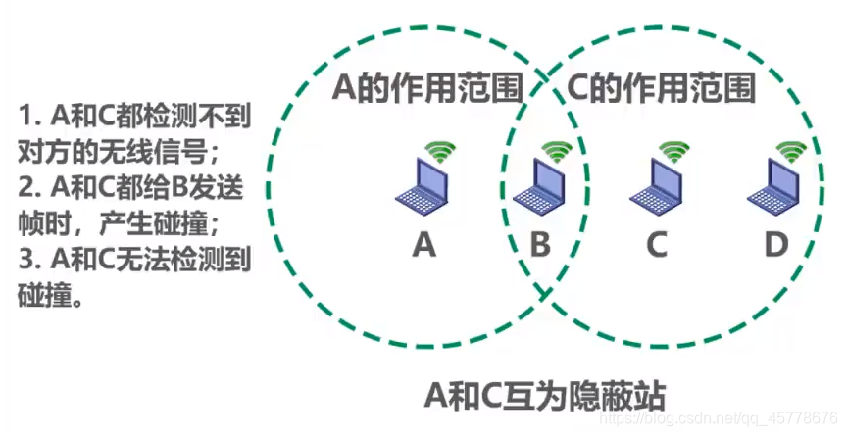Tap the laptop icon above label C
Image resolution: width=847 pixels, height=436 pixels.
655,187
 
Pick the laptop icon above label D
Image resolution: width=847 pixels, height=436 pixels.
773,187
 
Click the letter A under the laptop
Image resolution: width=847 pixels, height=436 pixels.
423,244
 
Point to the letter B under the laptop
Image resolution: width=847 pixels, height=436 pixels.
540,244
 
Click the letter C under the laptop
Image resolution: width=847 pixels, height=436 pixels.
657,244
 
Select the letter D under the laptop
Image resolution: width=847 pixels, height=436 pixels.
775,244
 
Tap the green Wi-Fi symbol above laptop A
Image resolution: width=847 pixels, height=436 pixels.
440,152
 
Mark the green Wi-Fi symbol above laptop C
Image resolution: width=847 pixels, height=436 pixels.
673,152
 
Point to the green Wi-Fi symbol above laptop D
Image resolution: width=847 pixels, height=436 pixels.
791,152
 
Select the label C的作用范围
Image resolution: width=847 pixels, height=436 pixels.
662,90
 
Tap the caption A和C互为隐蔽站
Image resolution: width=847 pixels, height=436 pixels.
545,397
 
